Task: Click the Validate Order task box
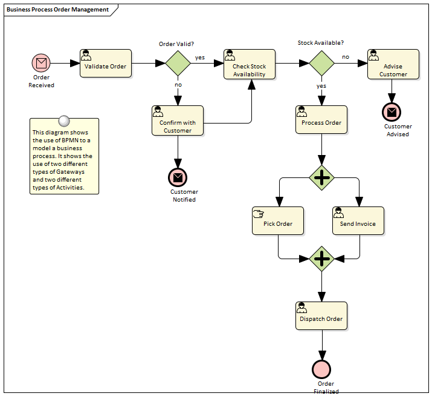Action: (x=106, y=64)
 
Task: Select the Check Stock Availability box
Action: (x=249, y=64)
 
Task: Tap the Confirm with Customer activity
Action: (x=178, y=120)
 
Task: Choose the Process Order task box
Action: (x=321, y=120)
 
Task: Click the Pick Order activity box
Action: (x=278, y=220)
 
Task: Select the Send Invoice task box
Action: (x=358, y=220)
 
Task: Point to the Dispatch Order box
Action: (x=321, y=315)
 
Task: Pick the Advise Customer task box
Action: (x=393, y=64)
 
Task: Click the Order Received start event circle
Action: (x=41, y=63)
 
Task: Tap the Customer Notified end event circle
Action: (x=178, y=177)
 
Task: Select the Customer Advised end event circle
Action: (x=392, y=112)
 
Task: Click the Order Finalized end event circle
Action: (x=321, y=369)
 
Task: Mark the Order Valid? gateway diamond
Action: (x=178, y=63)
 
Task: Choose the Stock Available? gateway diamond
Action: (x=321, y=63)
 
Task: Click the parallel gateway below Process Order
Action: (x=321, y=177)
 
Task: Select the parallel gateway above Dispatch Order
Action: (x=321, y=259)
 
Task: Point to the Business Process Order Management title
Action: (x=58, y=10)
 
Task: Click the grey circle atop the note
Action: (x=64, y=120)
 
